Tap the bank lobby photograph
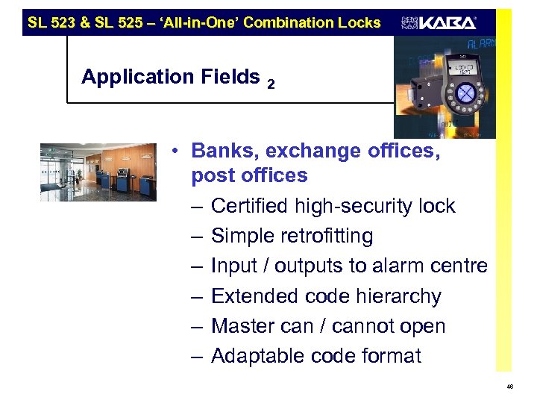tap(98, 172)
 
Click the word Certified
tap(254, 206)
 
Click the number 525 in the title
tap(128, 22)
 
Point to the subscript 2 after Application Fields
tap(271, 86)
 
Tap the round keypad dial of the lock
tap(465, 93)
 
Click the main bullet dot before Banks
tap(172, 151)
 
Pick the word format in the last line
tap(391, 357)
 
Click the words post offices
tap(249, 176)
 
